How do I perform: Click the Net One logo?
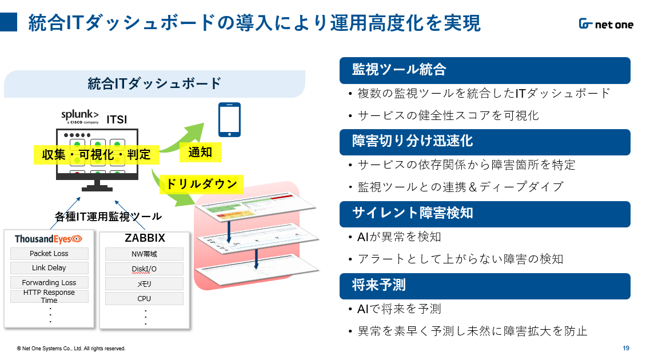[605, 24]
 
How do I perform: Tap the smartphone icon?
[230, 120]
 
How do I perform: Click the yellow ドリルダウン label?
[201, 185]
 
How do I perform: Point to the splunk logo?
[80, 117]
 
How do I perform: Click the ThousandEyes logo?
[49, 238]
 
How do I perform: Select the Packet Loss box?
[49, 254]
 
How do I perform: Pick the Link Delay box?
[49, 268]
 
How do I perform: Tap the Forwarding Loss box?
[49, 282]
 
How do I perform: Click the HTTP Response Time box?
[49, 296]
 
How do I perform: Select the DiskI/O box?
[144, 269]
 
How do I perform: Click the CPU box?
[144, 298]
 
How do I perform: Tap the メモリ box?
[144, 283]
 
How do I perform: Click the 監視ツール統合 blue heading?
[484, 70]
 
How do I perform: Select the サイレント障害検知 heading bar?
[484, 214]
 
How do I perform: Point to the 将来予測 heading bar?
[484, 286]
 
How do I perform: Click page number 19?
[625, 348]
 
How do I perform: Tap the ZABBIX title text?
[145, 238]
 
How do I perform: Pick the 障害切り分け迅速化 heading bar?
[484, 142]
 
